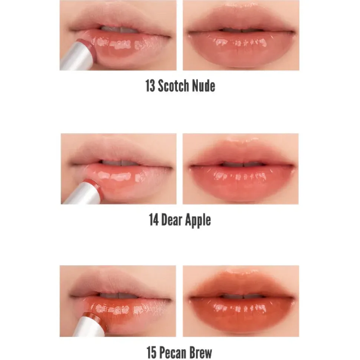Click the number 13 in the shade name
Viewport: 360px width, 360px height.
(x=150, y=86)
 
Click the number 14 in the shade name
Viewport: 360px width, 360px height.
(x=154, y=220)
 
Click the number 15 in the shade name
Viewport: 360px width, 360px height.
(x=151, y=352)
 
